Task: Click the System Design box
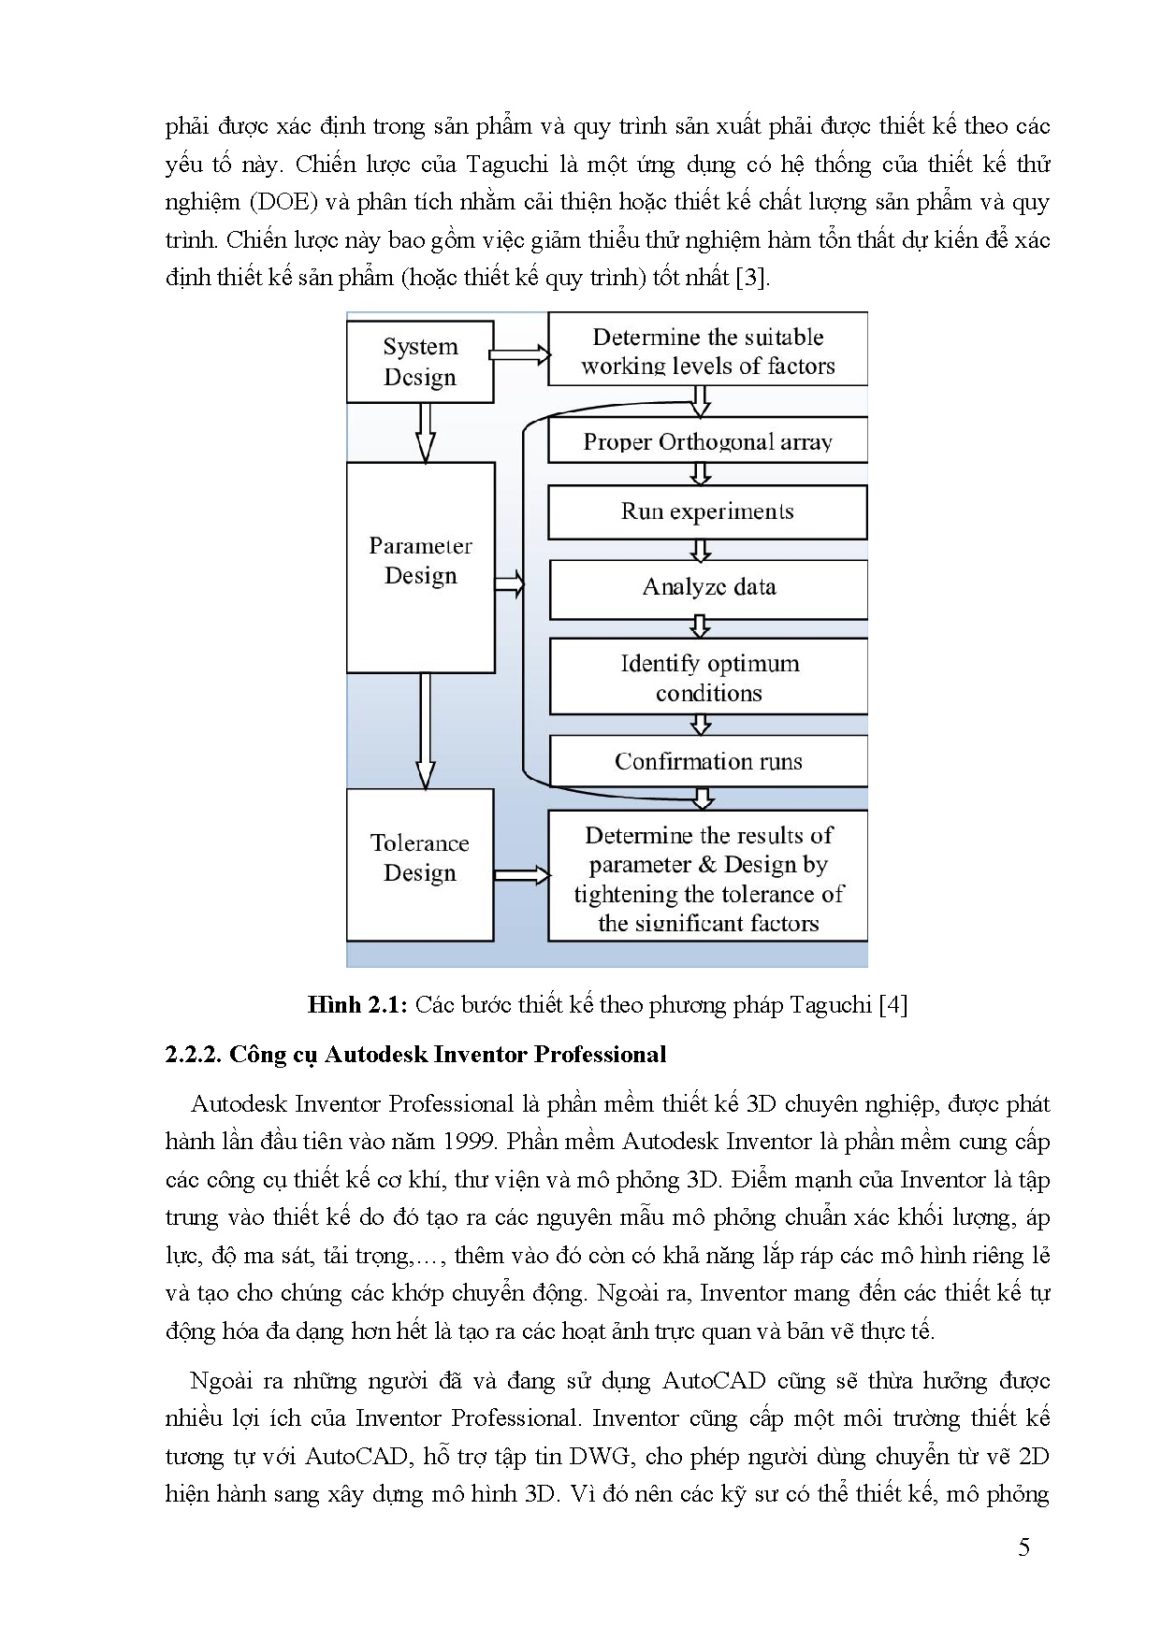click(420, 362)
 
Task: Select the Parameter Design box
click(420, 567)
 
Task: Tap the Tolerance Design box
click(420, 864)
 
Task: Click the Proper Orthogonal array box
click(707, 441)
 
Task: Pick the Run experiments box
click(707, 511)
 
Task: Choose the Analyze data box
click(708, 588)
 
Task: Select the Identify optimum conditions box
click(708, 678)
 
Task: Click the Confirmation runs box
click(708, 761)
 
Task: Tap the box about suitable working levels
click(707, 351)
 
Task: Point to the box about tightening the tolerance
click(708, 876)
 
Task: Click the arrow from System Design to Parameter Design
click(425, 432)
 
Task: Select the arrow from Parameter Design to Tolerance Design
click(425, 730)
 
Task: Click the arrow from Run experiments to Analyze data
click(701, 550)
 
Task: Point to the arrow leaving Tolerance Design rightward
click(521, 875)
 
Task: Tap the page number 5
click(1023, 1547)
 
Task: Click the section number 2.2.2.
click(193, 1055)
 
